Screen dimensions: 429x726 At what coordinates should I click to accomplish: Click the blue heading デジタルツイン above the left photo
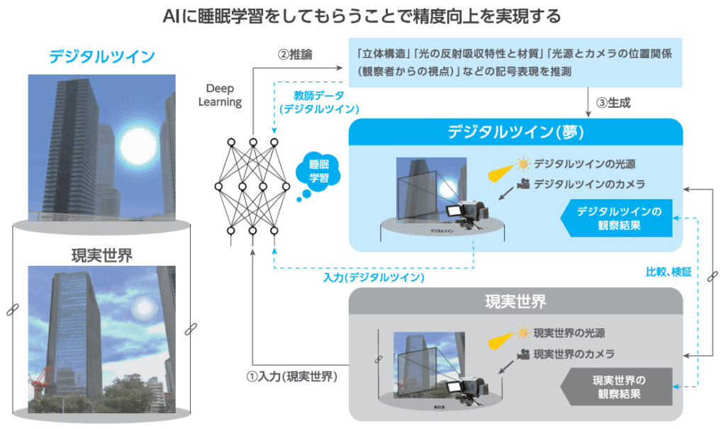[101, 55]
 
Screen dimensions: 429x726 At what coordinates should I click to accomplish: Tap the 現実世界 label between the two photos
[101, 255]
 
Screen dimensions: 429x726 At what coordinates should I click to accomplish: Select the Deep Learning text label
[224, 95]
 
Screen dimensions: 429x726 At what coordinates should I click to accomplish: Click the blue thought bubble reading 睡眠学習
[318, 170]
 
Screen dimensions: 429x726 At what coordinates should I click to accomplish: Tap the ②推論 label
[296, 54]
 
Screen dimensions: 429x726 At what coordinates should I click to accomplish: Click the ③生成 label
[613, 103]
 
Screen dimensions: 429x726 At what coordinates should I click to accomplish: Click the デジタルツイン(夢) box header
[515, 133]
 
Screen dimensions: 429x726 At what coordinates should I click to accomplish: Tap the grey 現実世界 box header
[515, 302]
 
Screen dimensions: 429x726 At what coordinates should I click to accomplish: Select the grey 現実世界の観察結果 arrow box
[618, 386]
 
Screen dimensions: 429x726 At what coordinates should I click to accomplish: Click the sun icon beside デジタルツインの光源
[523, 165]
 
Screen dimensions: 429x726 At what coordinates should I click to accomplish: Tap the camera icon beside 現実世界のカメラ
[523, 354]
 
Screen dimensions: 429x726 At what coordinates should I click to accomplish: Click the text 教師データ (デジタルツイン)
[319, 102]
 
